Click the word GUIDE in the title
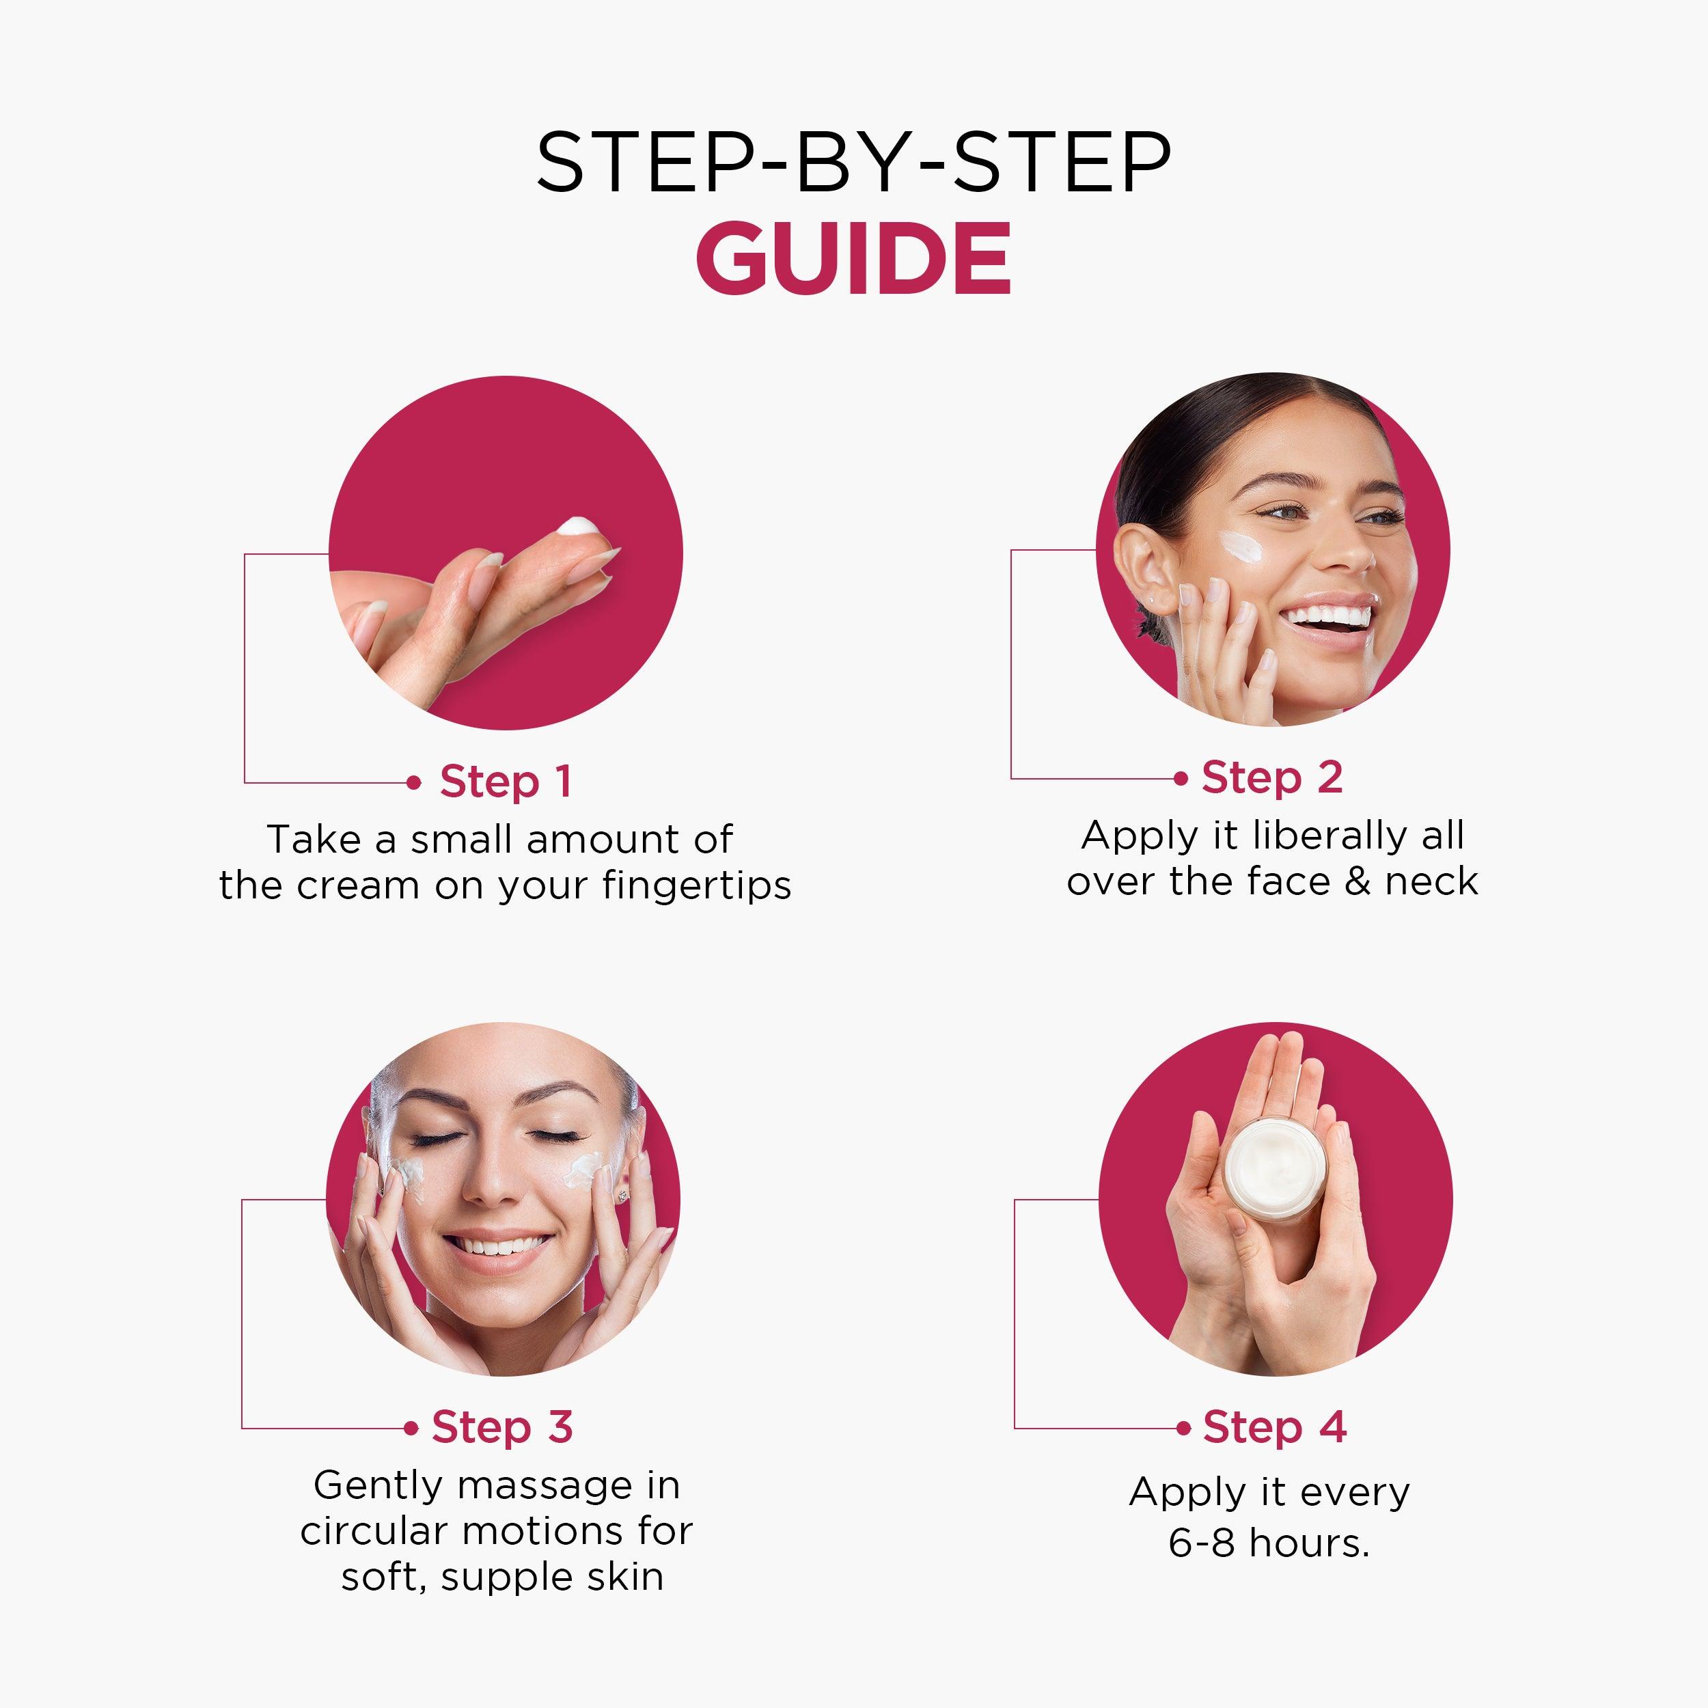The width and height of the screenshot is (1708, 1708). point(853,258)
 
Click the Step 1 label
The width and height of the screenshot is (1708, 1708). point(506,782)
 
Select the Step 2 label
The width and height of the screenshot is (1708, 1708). point(1272,778)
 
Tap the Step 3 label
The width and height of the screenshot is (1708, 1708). point(502,1427)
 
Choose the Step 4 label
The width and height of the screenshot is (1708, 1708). point(1275,1427)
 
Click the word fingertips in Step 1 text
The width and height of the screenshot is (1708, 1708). point(697,886)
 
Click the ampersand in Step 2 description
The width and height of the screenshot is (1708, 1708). point(1359,881)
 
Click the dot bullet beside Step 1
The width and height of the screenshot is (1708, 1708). point(413,782)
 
